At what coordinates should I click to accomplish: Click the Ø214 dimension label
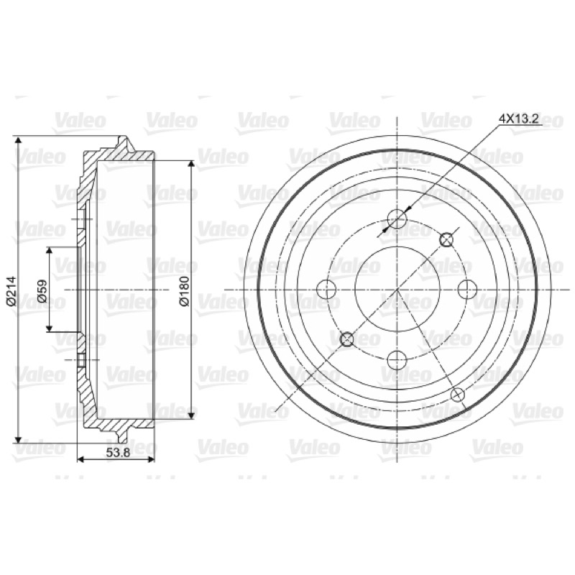click(x=11, y=290)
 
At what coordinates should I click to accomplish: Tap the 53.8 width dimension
click(x=118, y=453)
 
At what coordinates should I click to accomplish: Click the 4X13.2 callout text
click(x=518, y=119)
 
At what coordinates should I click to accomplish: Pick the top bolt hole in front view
click(x=397, y=219)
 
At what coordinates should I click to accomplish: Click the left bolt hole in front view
click(x=326, y=290)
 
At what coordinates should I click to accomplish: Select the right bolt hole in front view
click(x=468, y=290)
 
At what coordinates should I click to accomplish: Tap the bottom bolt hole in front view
click(x=397, y=361)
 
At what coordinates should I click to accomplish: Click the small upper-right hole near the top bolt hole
click(x=446, y=240)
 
